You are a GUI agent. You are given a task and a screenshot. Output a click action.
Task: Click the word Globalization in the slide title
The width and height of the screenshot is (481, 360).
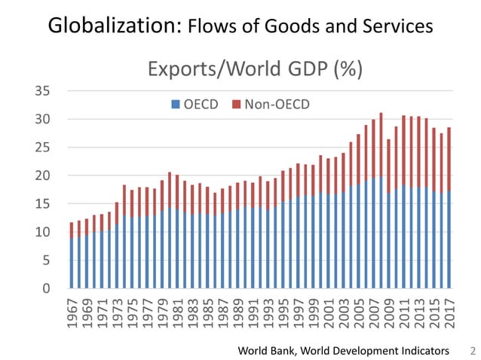coord(112,26)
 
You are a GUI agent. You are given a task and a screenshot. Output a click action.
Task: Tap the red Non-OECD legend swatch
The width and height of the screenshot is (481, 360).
coord(236,104)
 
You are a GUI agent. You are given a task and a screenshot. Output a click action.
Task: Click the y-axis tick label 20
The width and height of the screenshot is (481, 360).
coord(43,175)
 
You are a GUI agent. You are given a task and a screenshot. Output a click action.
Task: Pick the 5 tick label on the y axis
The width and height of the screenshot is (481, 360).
coord(47,261)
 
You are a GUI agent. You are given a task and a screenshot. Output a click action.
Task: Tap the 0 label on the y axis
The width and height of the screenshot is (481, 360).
coord(47,288)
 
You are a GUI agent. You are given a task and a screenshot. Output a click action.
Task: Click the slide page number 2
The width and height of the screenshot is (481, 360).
coord(473,350)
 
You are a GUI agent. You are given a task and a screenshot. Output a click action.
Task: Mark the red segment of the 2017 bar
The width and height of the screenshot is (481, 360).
coord(449,159)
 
